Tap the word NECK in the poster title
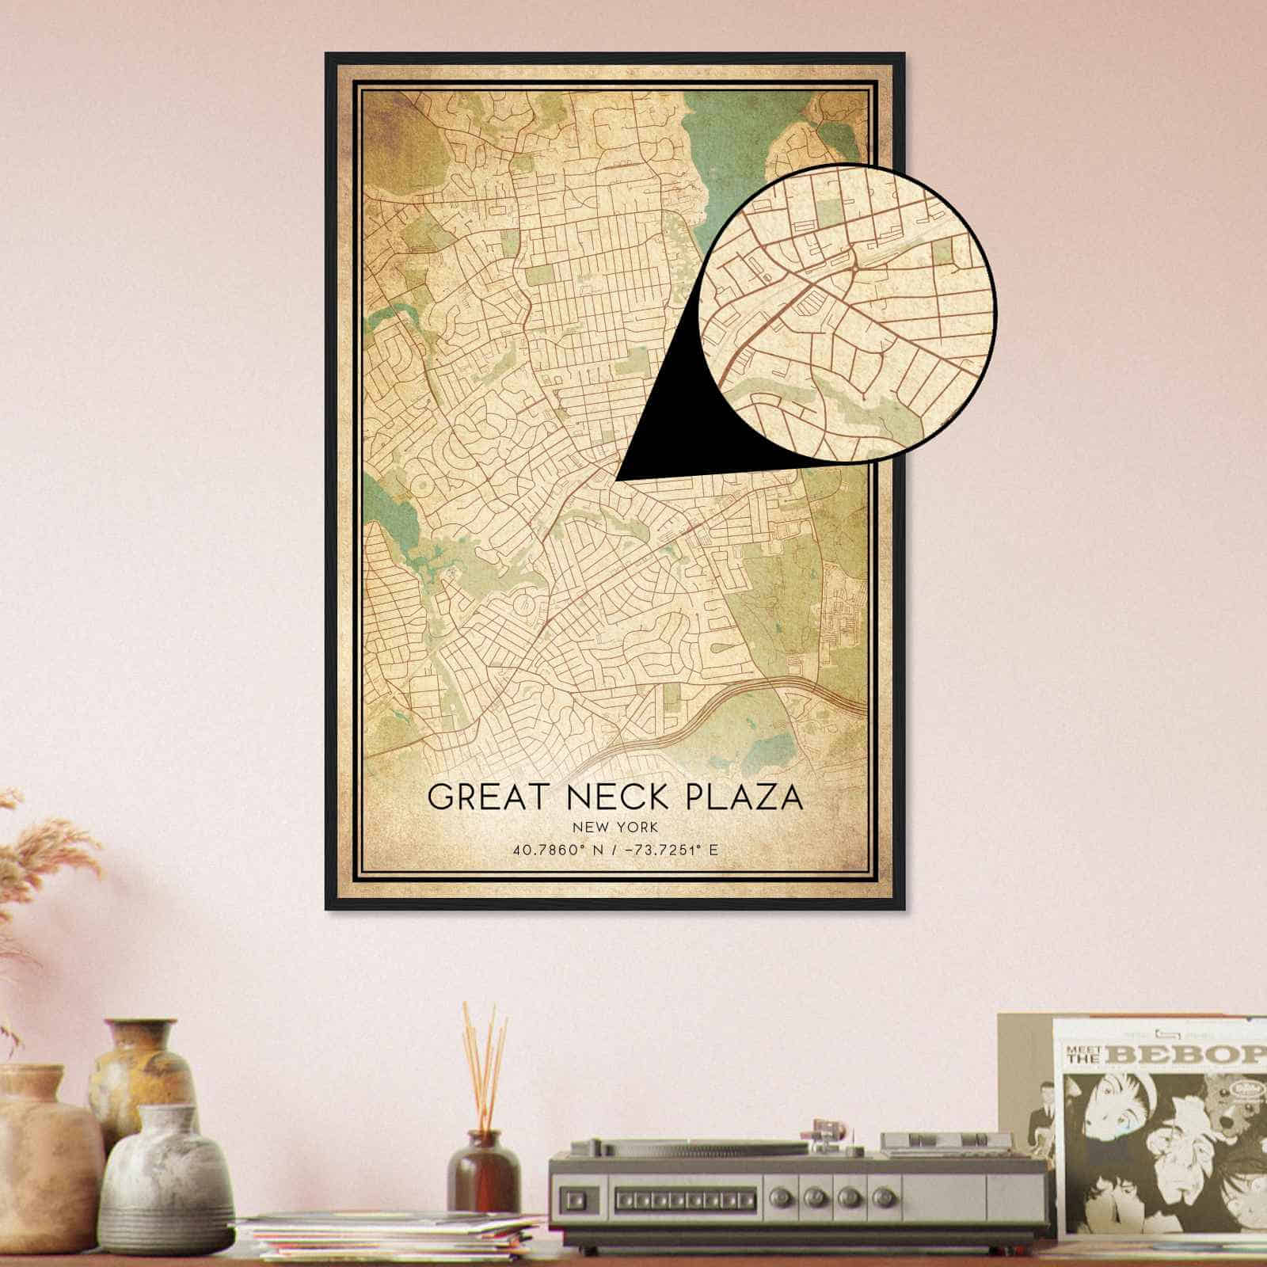pyautogui.click(x=603, y=797)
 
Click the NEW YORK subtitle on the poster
pyautogui.click(x=615, y=828)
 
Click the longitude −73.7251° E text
pyautogui.click(x=672, y=850)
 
